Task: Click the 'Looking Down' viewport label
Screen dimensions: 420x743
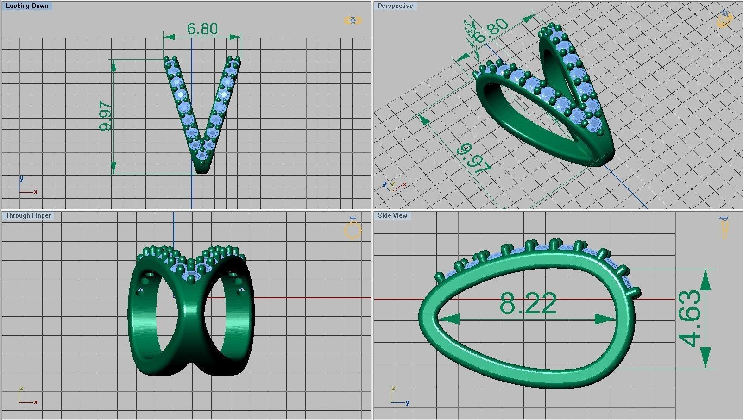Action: [27, 6]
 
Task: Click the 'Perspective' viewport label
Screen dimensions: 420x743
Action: [395, 6]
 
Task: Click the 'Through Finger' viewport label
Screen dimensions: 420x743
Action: [28, 216]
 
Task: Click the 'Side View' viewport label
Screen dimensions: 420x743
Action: [392, 216]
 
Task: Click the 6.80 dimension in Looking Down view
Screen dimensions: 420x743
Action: [202, 29]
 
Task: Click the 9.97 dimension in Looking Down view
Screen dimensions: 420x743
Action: [106, 116]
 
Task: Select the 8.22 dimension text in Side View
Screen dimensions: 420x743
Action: [528, 304]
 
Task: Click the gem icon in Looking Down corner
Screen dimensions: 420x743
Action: [353, 21]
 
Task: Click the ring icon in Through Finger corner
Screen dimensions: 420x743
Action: [353, 229]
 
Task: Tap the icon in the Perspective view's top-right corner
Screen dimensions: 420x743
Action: [725, 19]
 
